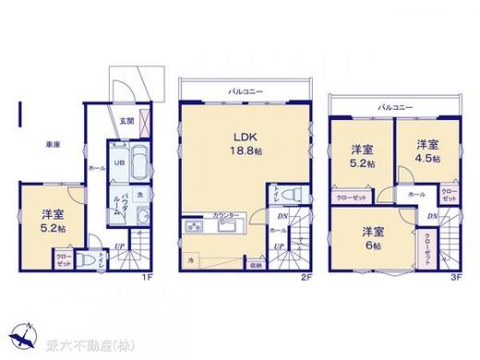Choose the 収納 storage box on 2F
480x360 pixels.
coord(254,265)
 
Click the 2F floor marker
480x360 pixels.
coord(303,276)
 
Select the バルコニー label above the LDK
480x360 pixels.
coord(243,91)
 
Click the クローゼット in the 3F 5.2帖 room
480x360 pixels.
coord(351,196)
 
